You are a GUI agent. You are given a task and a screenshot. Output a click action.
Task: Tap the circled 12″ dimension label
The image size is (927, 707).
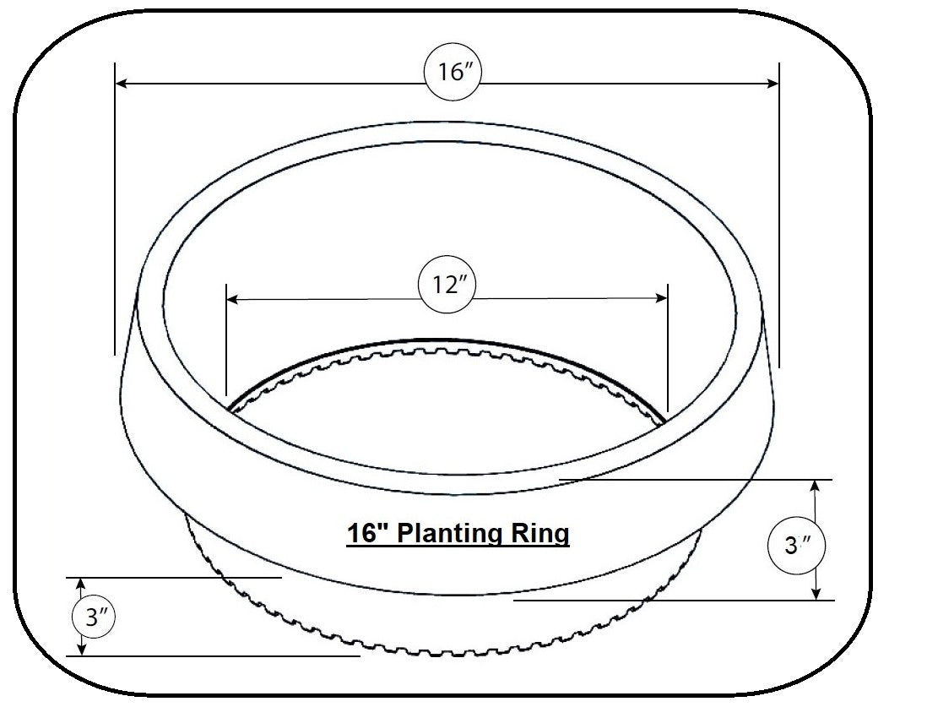click(447, 286)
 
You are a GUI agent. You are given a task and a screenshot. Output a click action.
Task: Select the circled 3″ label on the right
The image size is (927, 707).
click(792, 546)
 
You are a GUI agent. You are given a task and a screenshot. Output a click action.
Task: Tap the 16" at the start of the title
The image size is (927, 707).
click(367, 534)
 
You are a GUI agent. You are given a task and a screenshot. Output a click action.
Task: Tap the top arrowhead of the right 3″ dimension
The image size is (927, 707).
click(815, 486)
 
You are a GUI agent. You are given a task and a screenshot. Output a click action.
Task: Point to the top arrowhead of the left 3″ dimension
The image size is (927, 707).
click(81, 584)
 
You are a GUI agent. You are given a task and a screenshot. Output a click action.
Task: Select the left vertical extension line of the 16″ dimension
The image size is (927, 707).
click(114, 211)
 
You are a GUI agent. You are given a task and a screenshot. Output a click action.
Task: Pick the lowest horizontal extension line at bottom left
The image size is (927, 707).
click(211, 655)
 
